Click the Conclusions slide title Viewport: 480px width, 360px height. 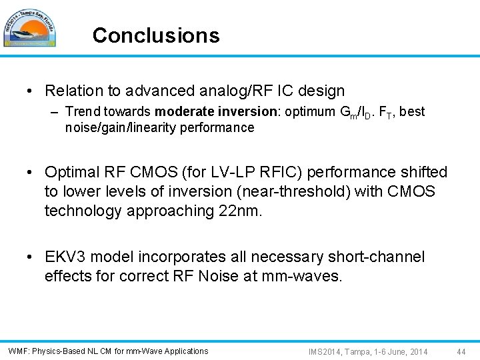click(x=156, y=35)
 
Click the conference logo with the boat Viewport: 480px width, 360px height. click(x=29, y=28)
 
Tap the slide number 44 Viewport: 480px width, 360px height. click(x=462, y=351)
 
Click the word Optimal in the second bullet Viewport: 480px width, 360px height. click(x=71, y=173)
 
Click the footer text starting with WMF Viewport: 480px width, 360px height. click(x=108, y=351)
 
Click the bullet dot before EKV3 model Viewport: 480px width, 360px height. click(x=32, y=257)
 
